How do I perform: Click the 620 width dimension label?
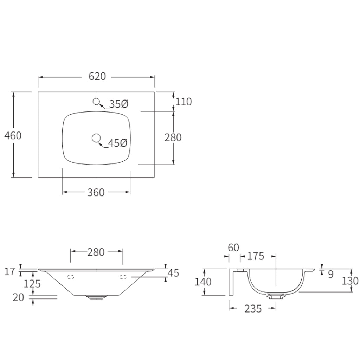97,76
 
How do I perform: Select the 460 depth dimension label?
13,135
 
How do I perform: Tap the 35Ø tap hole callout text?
118,104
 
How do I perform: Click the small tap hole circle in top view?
96,102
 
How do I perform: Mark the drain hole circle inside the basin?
96,138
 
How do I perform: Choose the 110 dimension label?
184,102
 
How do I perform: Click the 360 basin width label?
96,192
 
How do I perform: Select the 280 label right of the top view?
173,137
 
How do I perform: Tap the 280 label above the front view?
96,252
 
